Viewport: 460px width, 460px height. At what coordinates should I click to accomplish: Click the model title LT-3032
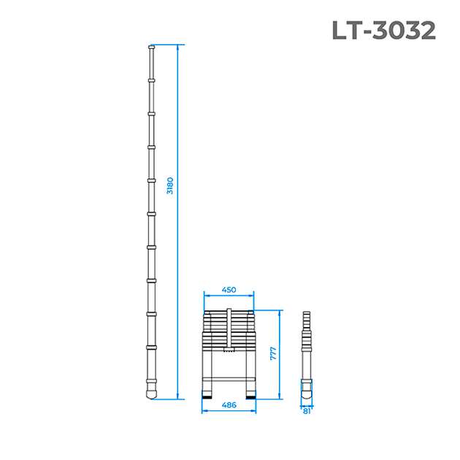[x=384, y=30]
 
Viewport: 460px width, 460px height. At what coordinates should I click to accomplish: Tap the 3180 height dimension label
[x=170, y=185]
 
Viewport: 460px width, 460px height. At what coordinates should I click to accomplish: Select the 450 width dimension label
[x=229, y=290]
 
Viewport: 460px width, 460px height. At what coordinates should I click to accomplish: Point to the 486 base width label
[x=229, y=405]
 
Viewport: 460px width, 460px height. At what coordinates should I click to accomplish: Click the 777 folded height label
[x=273, y=353]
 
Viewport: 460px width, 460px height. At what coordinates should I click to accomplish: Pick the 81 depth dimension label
[x=307, y=411]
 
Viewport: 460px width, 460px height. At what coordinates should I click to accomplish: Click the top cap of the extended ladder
[x=151, y=47]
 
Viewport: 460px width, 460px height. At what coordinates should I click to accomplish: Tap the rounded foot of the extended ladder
[x=151, y=394]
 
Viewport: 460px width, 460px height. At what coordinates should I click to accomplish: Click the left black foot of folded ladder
[x=207, y=397]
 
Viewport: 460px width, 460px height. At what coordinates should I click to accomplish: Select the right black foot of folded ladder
[x=251, y=397]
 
